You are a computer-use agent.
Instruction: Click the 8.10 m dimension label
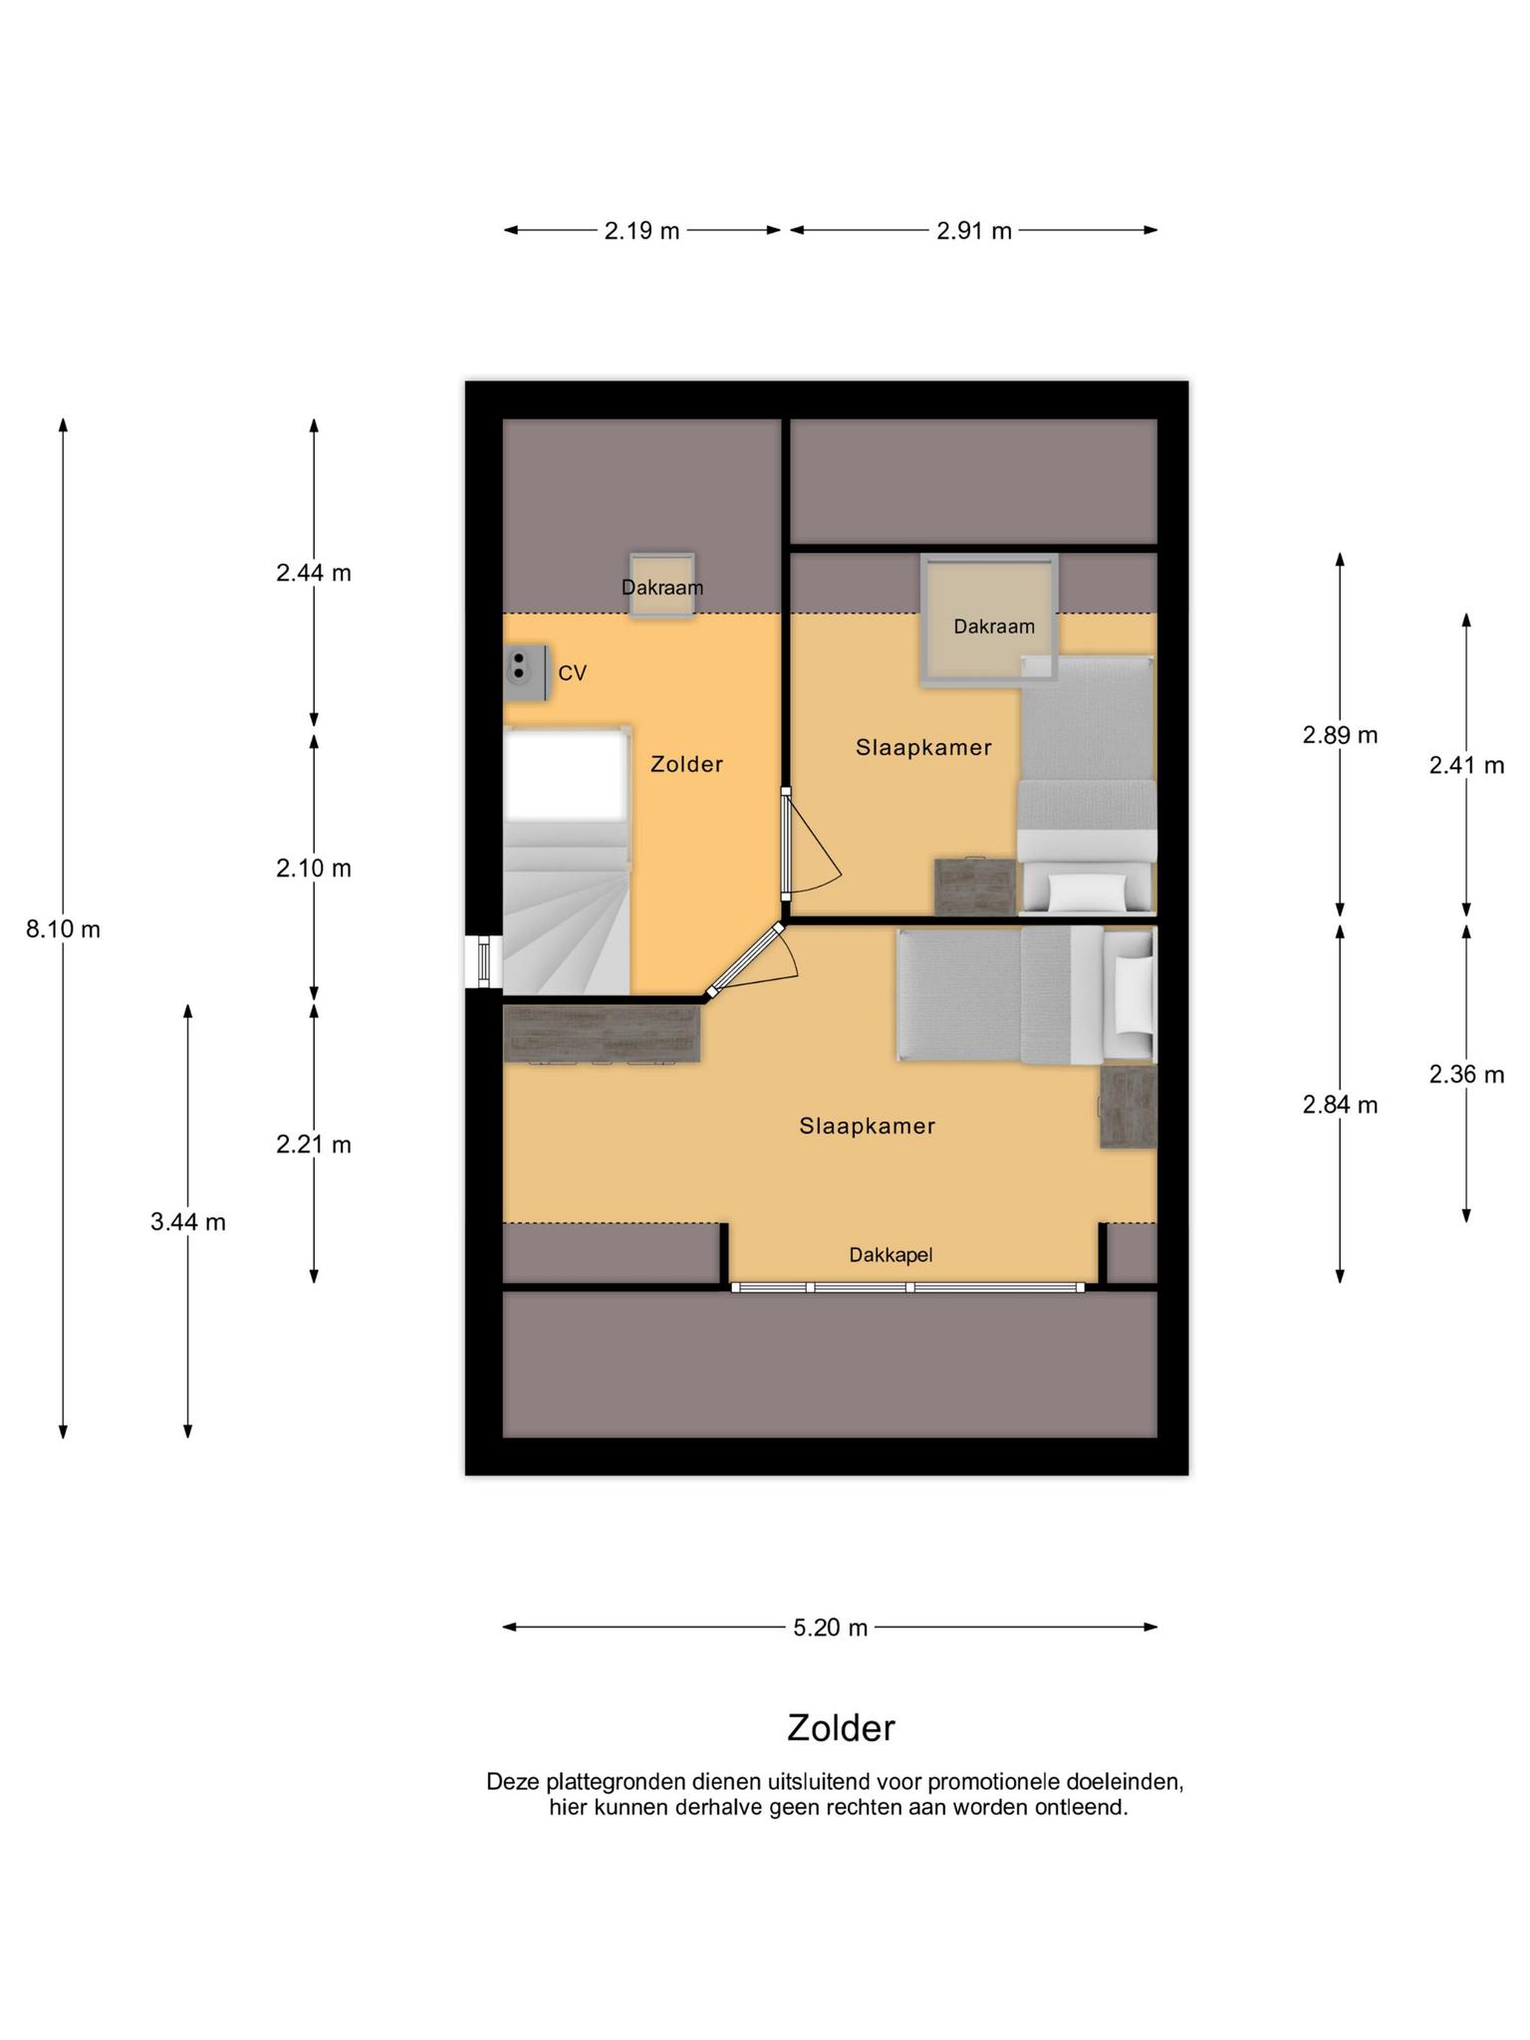[x=63, y=929]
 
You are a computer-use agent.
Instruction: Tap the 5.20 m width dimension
[x=831, y=1628]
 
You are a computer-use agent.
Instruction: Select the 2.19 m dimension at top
[x=641, y=231]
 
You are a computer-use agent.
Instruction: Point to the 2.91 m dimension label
[x=973, y=231]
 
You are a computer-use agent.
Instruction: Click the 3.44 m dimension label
[x=188, y=1222]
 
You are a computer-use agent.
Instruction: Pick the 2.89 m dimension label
[x=1340, y=735]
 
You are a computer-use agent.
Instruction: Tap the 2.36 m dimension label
[x=1466, y=1075]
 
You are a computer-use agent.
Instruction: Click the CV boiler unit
[x=526, y=672]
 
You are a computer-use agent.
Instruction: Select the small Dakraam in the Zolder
[x=661, y=586]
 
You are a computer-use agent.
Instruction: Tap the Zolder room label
[x=686, y=764]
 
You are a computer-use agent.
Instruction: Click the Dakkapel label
[x=891, y=1255]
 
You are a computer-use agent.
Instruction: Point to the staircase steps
[x=566, y=906]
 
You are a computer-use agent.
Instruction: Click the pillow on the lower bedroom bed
[x=1134, y=994]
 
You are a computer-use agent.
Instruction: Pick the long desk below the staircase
[x=603, y=1033]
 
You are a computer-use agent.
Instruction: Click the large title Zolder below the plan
[x=841, y=1728]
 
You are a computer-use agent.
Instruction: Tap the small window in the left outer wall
[x=484, y=961]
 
